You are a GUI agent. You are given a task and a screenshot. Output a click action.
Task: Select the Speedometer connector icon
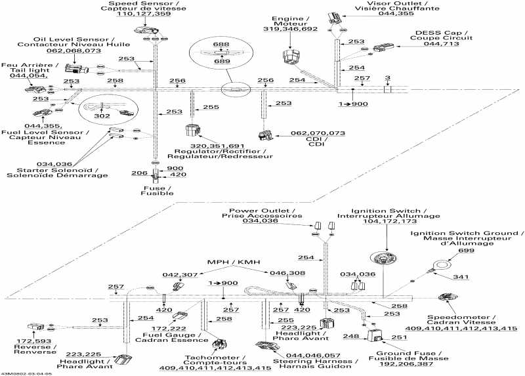coord(448,298)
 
